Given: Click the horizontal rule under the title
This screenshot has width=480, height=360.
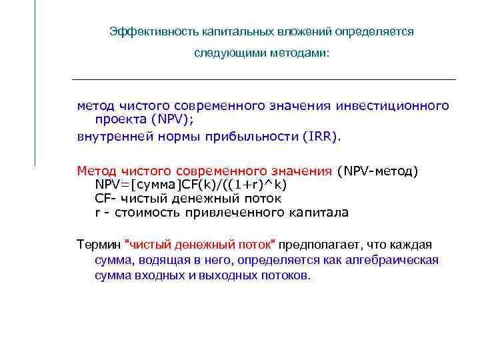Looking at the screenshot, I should point(263,80).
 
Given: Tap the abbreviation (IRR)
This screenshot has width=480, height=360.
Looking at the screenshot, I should point(321,137).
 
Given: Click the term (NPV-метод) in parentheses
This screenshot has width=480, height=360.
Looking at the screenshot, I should point(378,171).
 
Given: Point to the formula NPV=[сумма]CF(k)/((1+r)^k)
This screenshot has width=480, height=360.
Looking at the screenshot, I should point(191,185).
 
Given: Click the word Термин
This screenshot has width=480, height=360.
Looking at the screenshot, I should point(99,245).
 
